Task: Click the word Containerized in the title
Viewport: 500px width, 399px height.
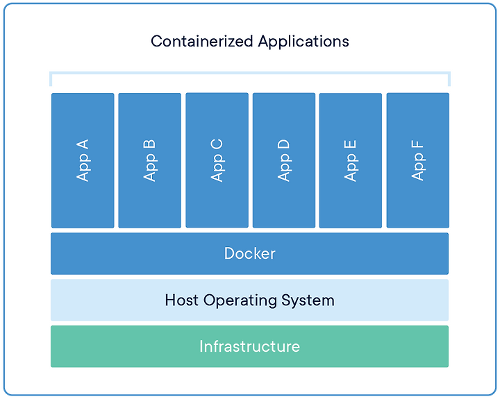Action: tap(202, 41)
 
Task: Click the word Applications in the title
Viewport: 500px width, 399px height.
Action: tap(303, 42)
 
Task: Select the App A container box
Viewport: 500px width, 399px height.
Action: tap(83, 160)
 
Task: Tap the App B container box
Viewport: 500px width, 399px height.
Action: tap(149, 160)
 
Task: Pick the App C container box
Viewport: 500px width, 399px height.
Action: tap(217, 160)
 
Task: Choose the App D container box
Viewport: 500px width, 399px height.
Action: tap(284, 160)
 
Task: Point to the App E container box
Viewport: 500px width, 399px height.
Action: tap(351, 160)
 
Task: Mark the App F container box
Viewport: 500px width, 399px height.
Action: tap(418, 160)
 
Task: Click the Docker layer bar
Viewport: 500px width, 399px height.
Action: tap(250, 254)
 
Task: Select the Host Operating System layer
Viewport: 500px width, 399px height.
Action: tap(250, 300)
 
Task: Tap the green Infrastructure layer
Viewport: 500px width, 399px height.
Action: tap(250, 346)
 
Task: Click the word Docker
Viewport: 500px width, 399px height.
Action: tap(250, 253)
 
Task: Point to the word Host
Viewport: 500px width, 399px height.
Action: tap(181, 300)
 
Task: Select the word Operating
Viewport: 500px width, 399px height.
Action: tap(240, 301)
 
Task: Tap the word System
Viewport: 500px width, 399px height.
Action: tap(308, 301)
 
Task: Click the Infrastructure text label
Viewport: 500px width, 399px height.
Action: tap(250, 346)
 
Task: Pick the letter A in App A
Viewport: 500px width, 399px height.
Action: tap(82, 144)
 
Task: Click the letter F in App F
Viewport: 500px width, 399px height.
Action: tap(417, 144)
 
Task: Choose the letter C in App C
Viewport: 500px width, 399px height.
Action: tap(217, 144)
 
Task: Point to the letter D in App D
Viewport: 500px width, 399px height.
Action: tap(283, 144)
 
